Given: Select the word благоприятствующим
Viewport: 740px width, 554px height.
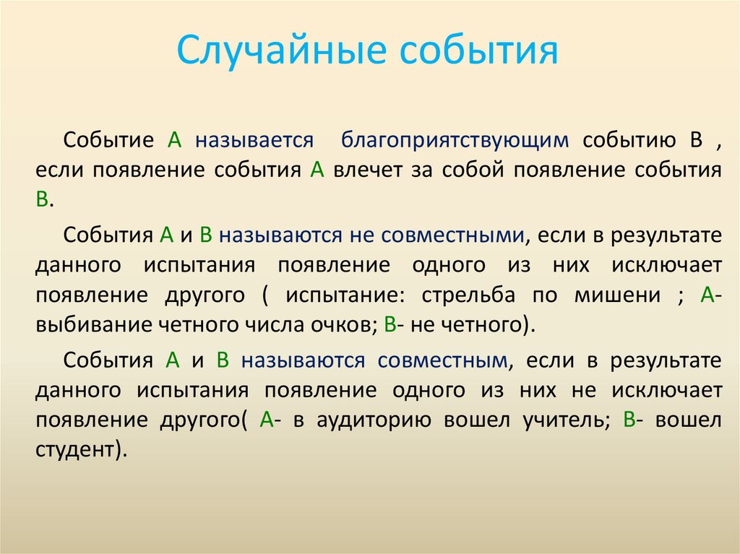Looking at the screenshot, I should point(455,140).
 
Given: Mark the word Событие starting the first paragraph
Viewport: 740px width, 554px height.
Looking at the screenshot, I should point(108,140).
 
